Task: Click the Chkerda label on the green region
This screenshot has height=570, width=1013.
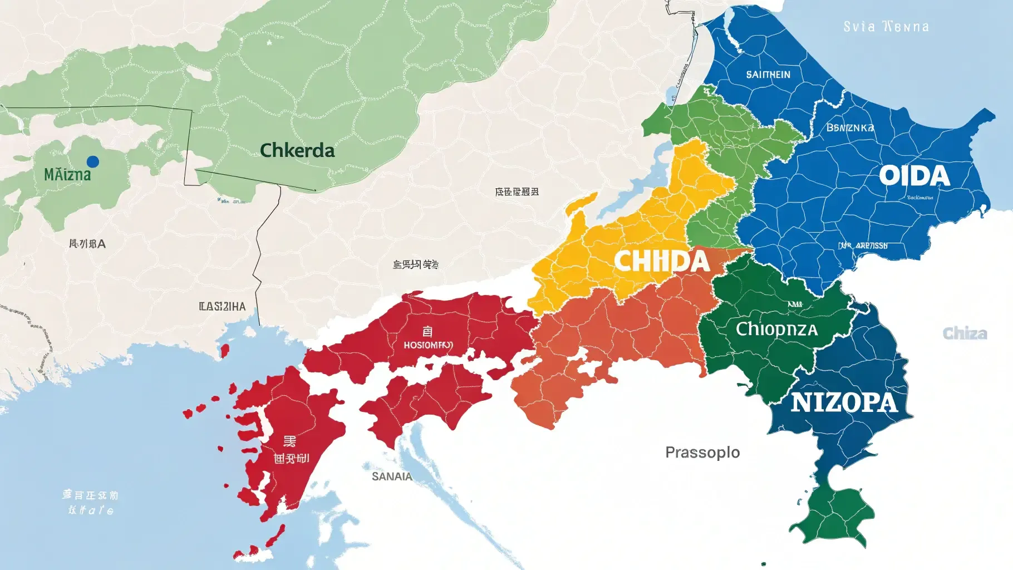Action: (297, 150)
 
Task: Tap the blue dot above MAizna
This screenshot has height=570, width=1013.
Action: (93, 161)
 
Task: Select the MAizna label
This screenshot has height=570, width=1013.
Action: (67, 175)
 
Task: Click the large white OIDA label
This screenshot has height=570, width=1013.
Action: (914, 176)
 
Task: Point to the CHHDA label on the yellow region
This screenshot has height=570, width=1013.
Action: (662, 261)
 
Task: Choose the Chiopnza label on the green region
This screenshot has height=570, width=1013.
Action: (776, 329)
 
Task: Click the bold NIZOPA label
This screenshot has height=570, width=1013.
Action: (844, 402)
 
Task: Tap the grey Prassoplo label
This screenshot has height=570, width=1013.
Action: (702, 452)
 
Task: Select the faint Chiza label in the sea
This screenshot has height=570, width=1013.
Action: (965, 333)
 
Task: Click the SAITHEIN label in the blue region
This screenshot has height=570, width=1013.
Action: (768, 75)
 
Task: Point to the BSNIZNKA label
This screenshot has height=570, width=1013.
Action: (850, 128)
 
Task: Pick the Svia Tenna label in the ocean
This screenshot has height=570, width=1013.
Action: (886, 27)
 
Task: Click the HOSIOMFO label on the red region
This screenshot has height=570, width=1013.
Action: (428, 345)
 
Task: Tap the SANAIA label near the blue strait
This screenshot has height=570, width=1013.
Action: (392, 476)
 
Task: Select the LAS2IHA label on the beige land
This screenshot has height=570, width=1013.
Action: (222, 306)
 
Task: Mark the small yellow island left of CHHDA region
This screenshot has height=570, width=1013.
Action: (582, 203)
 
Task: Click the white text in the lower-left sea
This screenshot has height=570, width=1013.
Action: (90, 502)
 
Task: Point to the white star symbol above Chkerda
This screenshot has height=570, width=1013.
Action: (269, 42)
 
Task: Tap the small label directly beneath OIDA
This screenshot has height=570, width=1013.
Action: (919, 198)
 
